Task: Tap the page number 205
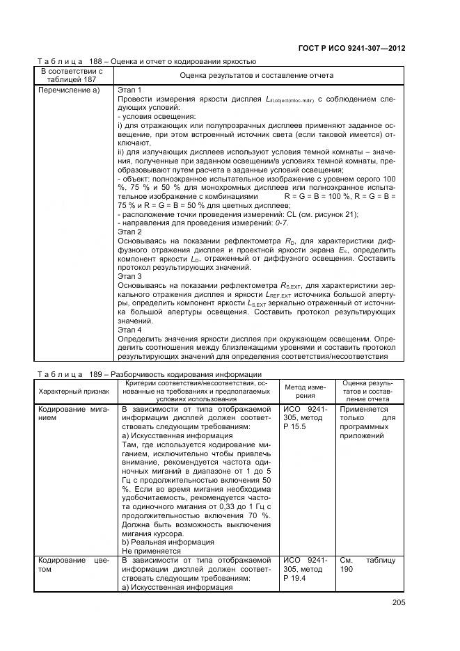[x=398, y=602]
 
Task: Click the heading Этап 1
[x=130, y=90]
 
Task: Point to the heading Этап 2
[x=130, y=232]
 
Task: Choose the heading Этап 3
[x=130, y=276]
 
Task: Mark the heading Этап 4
[x=130, y=330]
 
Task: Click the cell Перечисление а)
[x=70, y=90]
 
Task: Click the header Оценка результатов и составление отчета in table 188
[x=256, y=74]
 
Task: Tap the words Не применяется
[x=151, y=551]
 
